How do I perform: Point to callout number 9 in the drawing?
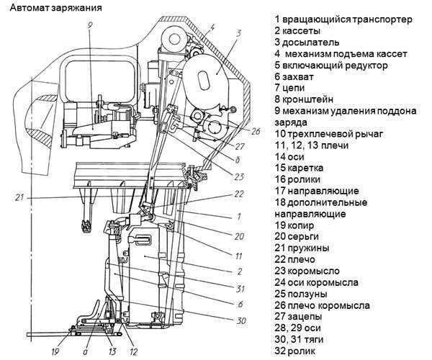(89, 25)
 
